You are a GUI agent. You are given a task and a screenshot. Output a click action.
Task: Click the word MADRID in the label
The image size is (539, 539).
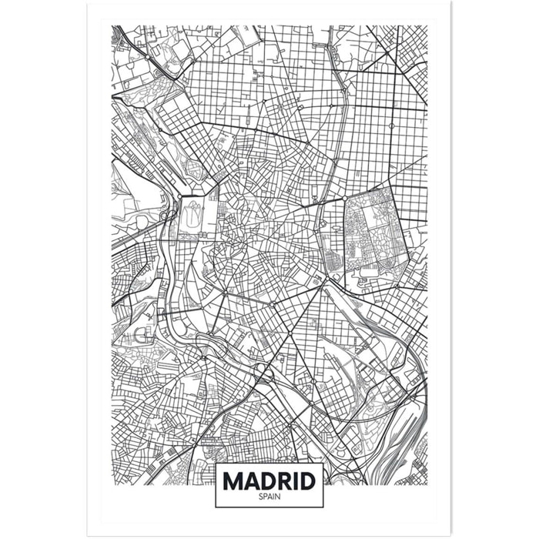click(269, 480)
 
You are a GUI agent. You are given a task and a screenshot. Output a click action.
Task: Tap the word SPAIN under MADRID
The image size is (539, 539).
click(269, 497)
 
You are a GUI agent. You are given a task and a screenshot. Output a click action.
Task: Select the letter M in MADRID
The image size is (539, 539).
click(233, 480)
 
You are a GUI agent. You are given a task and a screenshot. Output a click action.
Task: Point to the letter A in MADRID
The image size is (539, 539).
click(250, 480)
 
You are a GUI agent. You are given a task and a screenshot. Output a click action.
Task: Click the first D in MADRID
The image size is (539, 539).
click(266, 480)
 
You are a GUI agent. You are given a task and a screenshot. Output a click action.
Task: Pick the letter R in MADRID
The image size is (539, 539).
click(282, 480)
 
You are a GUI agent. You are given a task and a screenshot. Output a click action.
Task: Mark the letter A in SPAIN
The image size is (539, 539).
click(269, 497)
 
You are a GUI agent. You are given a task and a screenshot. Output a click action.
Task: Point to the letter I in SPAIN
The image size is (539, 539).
click(273, 497)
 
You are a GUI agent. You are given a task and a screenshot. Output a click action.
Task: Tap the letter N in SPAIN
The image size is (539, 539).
click(277, 497)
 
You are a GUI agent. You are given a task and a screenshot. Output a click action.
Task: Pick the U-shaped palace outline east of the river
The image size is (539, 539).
click(193, 219)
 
